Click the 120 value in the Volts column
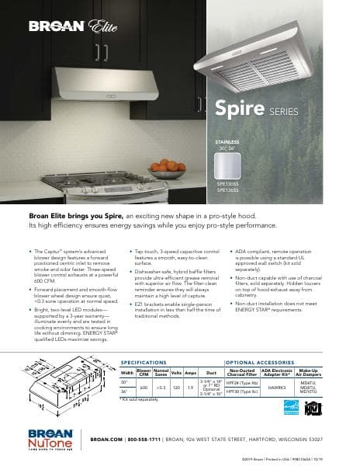(177, 386)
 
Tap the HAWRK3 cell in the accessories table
(277, 386)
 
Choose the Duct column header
(210, 373)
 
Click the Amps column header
(190, 373)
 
